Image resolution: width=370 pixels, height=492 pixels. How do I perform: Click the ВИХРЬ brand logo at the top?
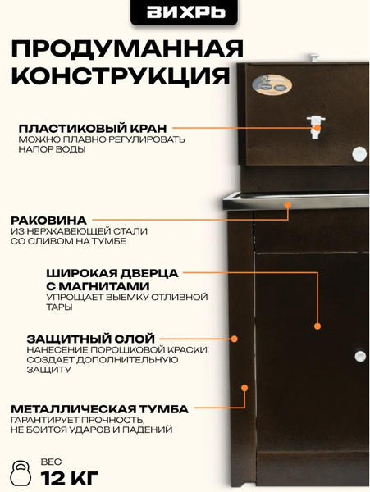pyautogui.click(x=185, y=12)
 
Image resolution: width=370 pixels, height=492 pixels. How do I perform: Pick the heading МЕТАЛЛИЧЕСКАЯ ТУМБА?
pyautogui.click(x=99, y=408)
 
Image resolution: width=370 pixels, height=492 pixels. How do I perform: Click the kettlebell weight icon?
pyautogui.click(x=21, y=471)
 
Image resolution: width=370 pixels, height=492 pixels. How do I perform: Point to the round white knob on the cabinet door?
pyautogui.click(x=359, y=355)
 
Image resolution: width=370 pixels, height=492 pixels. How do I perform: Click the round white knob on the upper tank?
pyautogui.click(x=358, y=153)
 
